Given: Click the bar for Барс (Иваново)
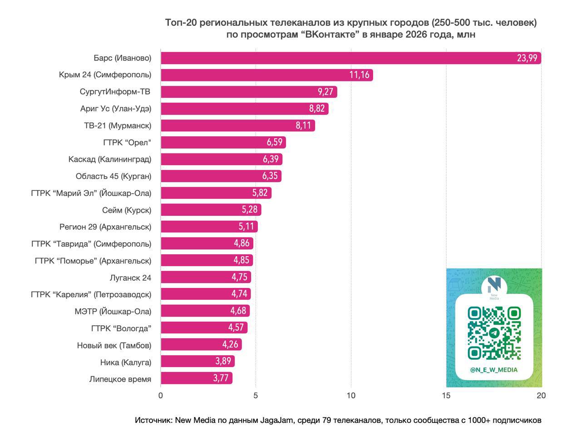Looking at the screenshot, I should click(x=350, y=58).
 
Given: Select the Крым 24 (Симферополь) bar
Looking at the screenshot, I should click(x=266, y=75).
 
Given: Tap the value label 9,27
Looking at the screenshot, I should click(x=325, y=92).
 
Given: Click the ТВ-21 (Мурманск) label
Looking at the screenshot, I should click(x=118, y=125).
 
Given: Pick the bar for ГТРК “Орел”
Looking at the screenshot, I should click(x=223, y=142).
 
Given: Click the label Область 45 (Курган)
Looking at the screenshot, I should click(x=113, y=176).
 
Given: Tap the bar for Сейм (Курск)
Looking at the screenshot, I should click(x=211, y=210).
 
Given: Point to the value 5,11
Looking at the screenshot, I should click(x=246, y=227).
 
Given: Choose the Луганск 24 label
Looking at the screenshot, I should click(x=130, y=278).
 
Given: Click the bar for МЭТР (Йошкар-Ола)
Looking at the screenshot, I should click(x=205, y=311).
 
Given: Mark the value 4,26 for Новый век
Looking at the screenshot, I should click(x=230, y=345).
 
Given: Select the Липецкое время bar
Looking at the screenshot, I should click(x=196, y=378).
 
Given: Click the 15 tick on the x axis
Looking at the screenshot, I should click(x=446, y=396).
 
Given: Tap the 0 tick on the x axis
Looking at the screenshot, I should click(x=161, y=396).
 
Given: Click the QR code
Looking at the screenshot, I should click(x=494, y=333).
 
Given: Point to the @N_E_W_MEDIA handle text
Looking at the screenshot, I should click(x=494, y=370).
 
